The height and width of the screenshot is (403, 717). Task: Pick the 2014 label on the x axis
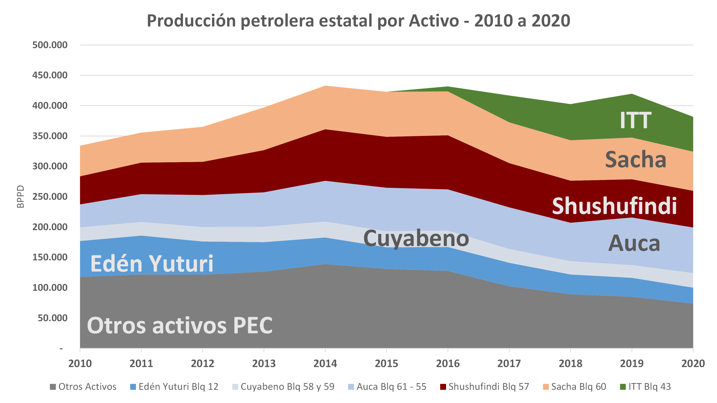point(325,363)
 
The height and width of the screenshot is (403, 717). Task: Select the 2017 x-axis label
point(509,363)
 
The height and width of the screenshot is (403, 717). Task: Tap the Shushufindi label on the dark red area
point(614,206)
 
